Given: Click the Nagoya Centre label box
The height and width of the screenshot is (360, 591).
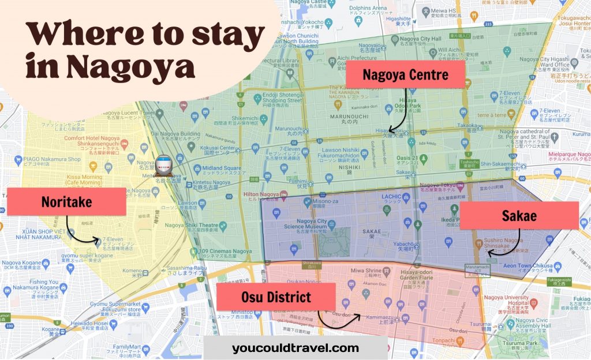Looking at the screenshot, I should pyautogui.click(x=406, y=75).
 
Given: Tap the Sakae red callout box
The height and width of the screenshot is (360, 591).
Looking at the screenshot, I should pyautogui.click(x=519, y=216).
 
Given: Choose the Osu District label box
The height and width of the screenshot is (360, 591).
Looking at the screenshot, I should pyautogui.click(x=276, y=298).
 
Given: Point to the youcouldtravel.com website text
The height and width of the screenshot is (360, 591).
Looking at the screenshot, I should pyautogui.click(x=295, y=348).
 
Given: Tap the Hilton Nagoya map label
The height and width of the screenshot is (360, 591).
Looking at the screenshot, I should pyautogui.click(x=260, y=194).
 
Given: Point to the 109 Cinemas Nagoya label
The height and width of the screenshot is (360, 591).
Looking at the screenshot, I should pyautogui.click(x=227, y=252).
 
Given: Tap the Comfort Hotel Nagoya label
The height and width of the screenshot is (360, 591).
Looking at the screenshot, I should pyautogui.click(x=92, y=138).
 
